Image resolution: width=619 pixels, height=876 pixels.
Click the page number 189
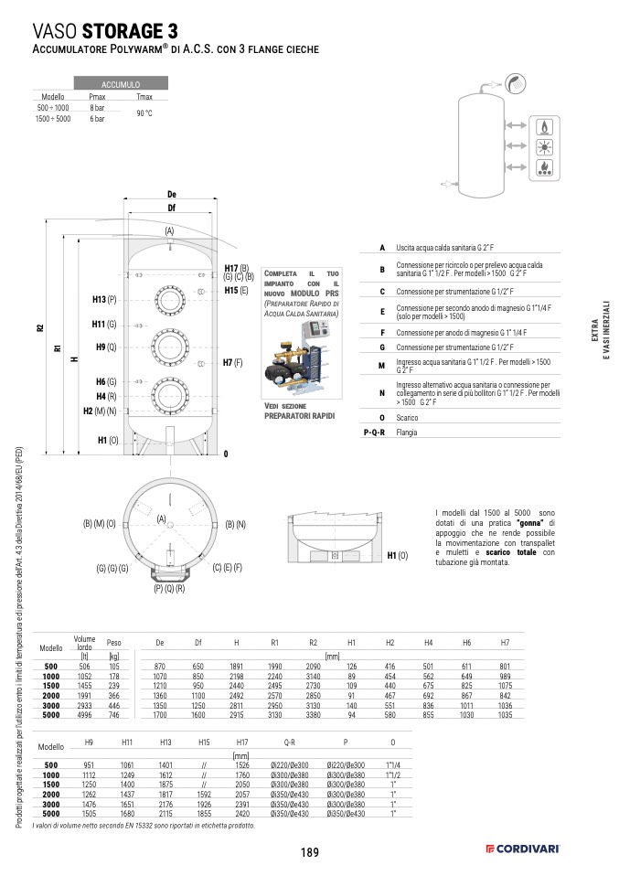coord(309,852)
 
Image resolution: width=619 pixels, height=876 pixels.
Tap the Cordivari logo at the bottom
coord(522,850)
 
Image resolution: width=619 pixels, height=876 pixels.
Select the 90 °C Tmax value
coord(144,113)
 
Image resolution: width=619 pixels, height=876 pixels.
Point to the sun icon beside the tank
coord(545,146)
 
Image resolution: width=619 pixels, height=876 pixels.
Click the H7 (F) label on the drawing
coord(232,363)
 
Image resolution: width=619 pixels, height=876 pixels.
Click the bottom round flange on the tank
coord(169,395)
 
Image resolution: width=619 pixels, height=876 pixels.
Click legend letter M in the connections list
coord(383,366)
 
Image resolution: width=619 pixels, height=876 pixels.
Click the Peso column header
coord(113,643)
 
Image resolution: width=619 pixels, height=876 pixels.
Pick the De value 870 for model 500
coord(160,667)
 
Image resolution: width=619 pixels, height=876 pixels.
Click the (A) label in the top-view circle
coord(161,519)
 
